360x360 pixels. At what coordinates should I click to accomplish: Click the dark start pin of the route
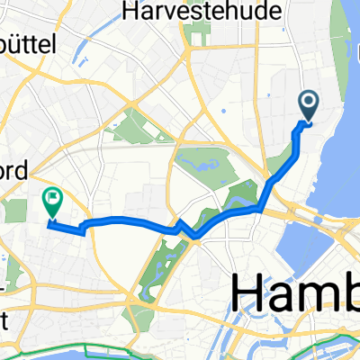tap(308, 105)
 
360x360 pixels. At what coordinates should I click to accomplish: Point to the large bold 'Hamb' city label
tap(296, 292)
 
